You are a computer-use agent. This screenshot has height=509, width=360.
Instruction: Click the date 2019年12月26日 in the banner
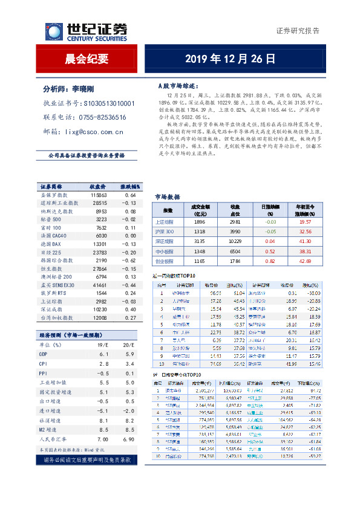tap(231, 59)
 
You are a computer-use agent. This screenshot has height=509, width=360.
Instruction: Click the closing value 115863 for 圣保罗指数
tap(99, 195)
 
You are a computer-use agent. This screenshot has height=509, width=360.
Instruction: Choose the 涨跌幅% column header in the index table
tap(129, 187)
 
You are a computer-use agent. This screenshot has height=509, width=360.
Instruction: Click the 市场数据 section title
tap(168, 197)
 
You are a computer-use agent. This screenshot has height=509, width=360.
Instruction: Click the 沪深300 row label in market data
tap(165, 232)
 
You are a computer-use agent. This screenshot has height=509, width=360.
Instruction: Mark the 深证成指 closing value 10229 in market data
tap(235, 241)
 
